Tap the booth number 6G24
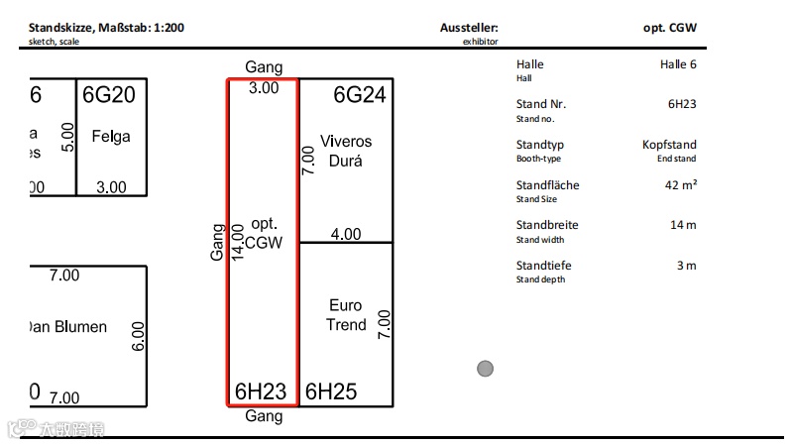click(x=359, y=95)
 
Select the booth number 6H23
click(x=261, y=391)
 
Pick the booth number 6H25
click(x=330, y=391)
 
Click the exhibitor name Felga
click(x=111, y=136)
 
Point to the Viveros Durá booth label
click(x=346, y=151)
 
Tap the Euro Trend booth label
click(x=346, y=315)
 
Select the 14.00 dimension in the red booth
click(x=237, y=241)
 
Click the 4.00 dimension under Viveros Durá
click(x=346, y=235)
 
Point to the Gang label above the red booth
click(x=264, y=67)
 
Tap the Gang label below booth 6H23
click(x=264, y=417)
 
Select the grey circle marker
click(x=485, y=369)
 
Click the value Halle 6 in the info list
click(x=678, y=64)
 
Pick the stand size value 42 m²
click(x=681, y=185)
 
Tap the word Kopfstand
click(x=669, y=145)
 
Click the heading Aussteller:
click(x=469, y=28)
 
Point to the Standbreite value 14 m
click(x=683, y=225)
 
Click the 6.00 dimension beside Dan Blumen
click(x=139, y=336)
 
